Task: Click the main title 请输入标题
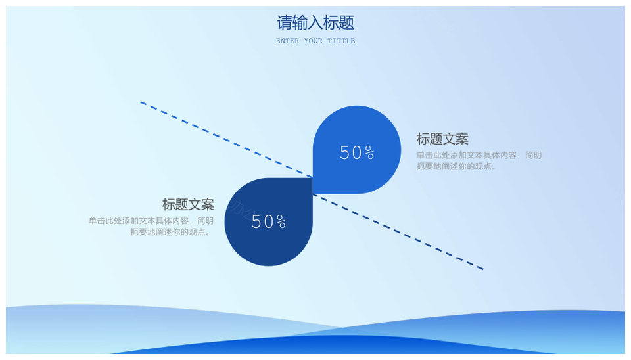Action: point(315,23)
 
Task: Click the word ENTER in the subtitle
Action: point(287,41)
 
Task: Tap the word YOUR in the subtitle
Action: point(313,41)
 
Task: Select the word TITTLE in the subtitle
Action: point(341,41)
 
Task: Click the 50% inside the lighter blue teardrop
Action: point(357,152)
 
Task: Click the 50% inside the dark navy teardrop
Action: point(268,221)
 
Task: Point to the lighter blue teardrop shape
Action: point(356,150)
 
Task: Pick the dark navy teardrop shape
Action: point(268,222)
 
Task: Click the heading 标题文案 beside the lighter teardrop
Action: point(442,139)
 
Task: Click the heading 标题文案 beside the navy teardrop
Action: point(188,205)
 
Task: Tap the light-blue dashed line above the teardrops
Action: point(226,139)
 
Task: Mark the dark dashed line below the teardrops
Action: point(398,232)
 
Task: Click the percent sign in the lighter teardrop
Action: point(369,153)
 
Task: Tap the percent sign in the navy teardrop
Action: point(281,222)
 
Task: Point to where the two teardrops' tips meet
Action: point(313,186)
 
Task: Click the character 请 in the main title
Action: point(284,23)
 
